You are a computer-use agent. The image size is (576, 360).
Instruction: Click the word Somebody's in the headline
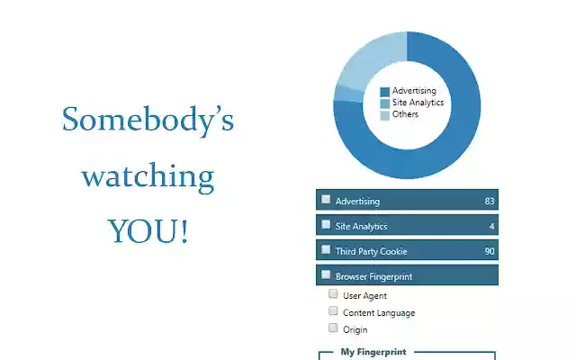click(x=148, y=120)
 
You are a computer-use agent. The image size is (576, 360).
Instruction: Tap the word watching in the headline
click(x=148, y=175)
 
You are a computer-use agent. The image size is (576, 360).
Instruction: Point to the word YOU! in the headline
click(x=148, y=231)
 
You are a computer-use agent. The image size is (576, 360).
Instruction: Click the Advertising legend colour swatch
click(x=384, y=91)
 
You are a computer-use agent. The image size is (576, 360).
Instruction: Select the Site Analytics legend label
click(x=418, y=103)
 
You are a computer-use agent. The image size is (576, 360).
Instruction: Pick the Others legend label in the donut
click(x=405, y=114)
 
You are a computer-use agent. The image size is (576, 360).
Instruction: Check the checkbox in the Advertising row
click(x=326, y=200)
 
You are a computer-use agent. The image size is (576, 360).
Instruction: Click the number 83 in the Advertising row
click(x=490, y=201)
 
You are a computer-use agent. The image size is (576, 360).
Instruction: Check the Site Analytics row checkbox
click(x=326, y=225)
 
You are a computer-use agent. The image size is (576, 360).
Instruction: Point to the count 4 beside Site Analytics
click(x=491, y=226)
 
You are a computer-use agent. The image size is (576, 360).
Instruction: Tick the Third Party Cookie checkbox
click(x=326, y=250)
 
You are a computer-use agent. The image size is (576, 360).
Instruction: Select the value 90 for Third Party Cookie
click(x=490, y=251)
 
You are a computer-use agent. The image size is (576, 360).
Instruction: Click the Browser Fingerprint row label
click(x=373, y=276)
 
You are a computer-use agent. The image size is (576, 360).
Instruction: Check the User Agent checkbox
click(x=333, y=294)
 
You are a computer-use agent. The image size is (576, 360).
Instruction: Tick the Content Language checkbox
click(x=333, y=311)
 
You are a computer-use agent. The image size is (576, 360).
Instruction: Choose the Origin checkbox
click(x=333, y=328)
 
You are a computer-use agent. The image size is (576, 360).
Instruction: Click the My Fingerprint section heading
click(x=373, y=352)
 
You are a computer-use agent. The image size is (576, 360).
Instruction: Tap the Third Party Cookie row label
click(x=371, y=251)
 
